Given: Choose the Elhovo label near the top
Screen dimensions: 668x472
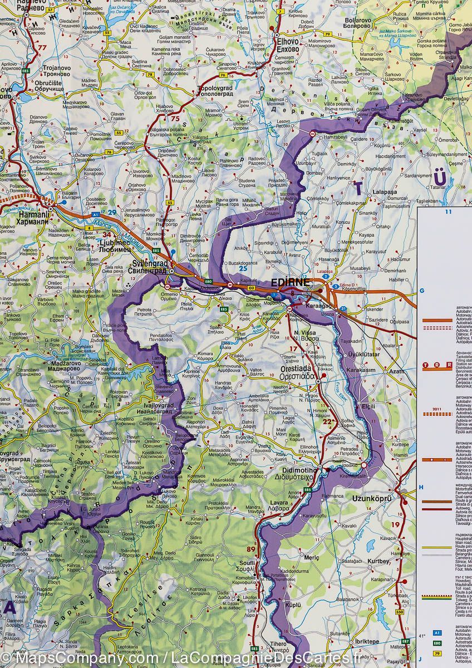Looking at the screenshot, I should coord(288,45).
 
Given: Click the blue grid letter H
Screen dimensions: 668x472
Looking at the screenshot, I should coord(422,488).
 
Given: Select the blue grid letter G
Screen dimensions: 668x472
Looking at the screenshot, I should coord(422,290).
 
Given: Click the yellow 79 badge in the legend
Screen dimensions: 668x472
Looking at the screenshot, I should coord(437,653).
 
